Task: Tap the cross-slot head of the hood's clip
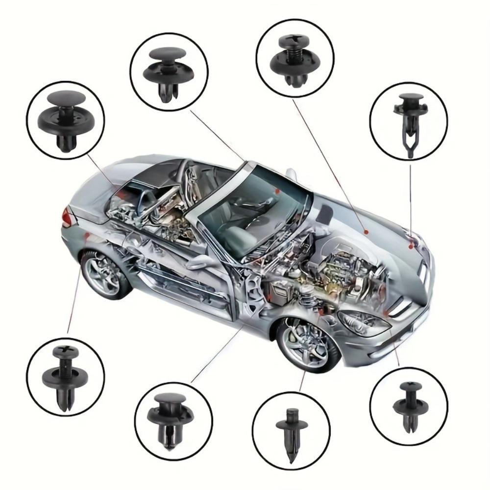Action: pyautogui.click(x=288, y=38)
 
